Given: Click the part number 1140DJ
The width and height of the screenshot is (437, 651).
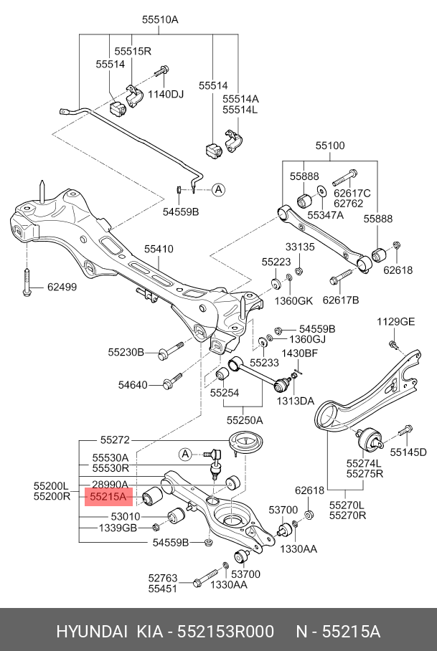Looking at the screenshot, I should click(166, 94).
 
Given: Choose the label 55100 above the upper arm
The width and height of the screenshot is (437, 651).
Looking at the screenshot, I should click(329, 146).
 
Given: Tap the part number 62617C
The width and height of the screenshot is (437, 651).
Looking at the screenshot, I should click(352, 193).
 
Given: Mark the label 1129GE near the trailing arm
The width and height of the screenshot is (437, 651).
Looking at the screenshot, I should click(396, 322).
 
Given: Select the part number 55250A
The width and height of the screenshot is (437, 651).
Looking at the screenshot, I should click(245, 419).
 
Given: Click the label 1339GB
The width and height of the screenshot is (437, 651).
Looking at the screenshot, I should click(118, 528).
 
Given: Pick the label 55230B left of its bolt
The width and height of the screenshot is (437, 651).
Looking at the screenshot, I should click(127, 352).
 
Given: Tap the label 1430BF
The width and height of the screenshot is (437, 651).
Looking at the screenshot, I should click(299, 353).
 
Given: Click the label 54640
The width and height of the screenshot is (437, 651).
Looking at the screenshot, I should click(133, 385).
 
